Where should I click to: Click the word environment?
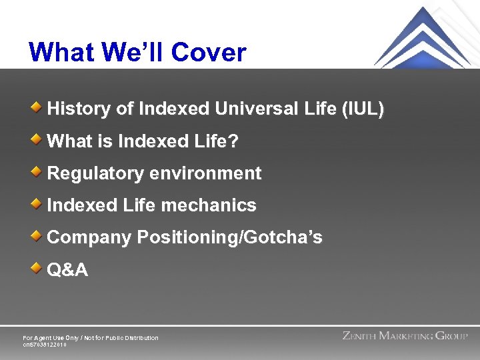click(205, 173)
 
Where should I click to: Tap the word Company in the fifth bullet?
click(89, 238)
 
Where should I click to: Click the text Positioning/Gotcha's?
click(229, 238)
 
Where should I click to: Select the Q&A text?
click(67, 270)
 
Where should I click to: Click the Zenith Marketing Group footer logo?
click(405, 336)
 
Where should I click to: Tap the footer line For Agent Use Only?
click(91, 338)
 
